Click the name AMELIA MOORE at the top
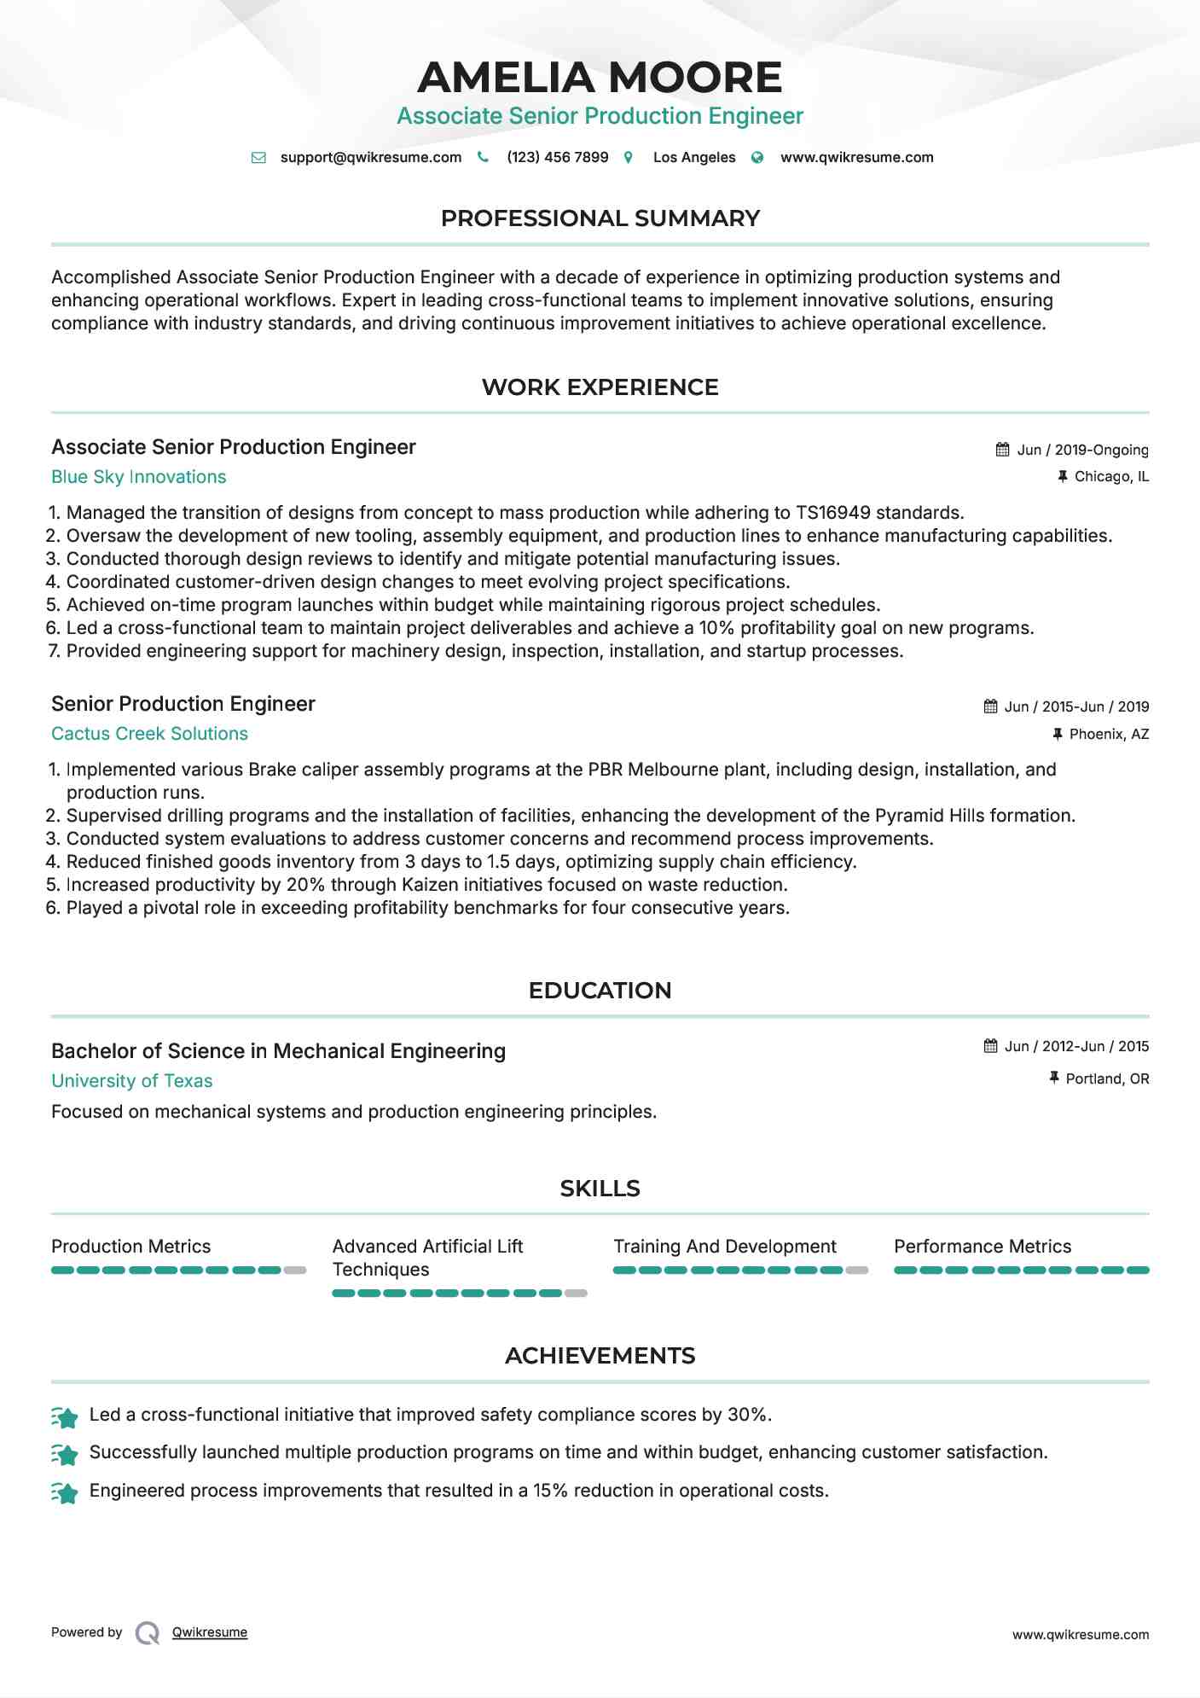(x=600, y=78)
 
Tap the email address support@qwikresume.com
(x=370, y=157)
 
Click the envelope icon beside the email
(x=258, y=158)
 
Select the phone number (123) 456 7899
(x=557, y=157)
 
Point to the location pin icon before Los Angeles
(x=629, y=158)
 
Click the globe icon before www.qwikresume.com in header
(x=757, y=158)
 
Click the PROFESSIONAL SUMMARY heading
(x=600, y=218)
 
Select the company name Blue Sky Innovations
(x=138, y=477)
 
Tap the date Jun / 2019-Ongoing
(x=1082, y=450)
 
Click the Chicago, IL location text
(x=1111, y=477)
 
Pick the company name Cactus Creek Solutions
(x=149, y=734)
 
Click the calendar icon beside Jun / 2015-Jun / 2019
(x=990, y=707)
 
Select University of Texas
(x=131, y=1081)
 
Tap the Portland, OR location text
(x=1107, y=1079)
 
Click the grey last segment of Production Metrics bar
(x=295, y=1271)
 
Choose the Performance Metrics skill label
(x=982, y=1247)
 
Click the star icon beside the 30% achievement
(x=65, y=1417)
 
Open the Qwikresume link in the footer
(x=209, y=1632)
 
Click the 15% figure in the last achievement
(x=550, y=1491)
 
